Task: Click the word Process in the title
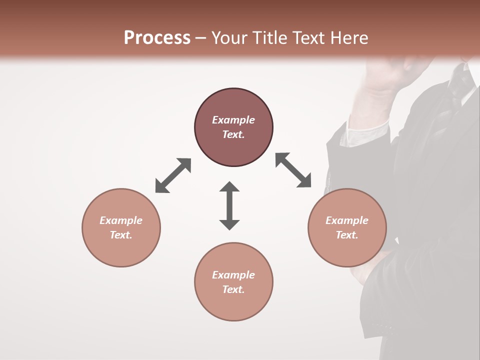click(157, 38)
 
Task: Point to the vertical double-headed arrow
click(229, 205)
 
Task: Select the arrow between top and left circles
click(173, 175)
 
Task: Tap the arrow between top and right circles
click(293, 170)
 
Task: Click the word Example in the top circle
click(233, 120)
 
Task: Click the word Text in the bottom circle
click(233, 289)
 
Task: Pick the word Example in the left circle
click(121, 220)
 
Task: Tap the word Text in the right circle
click(346, 235)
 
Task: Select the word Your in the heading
click(229, 38)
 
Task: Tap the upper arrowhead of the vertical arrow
click(229, 187)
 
